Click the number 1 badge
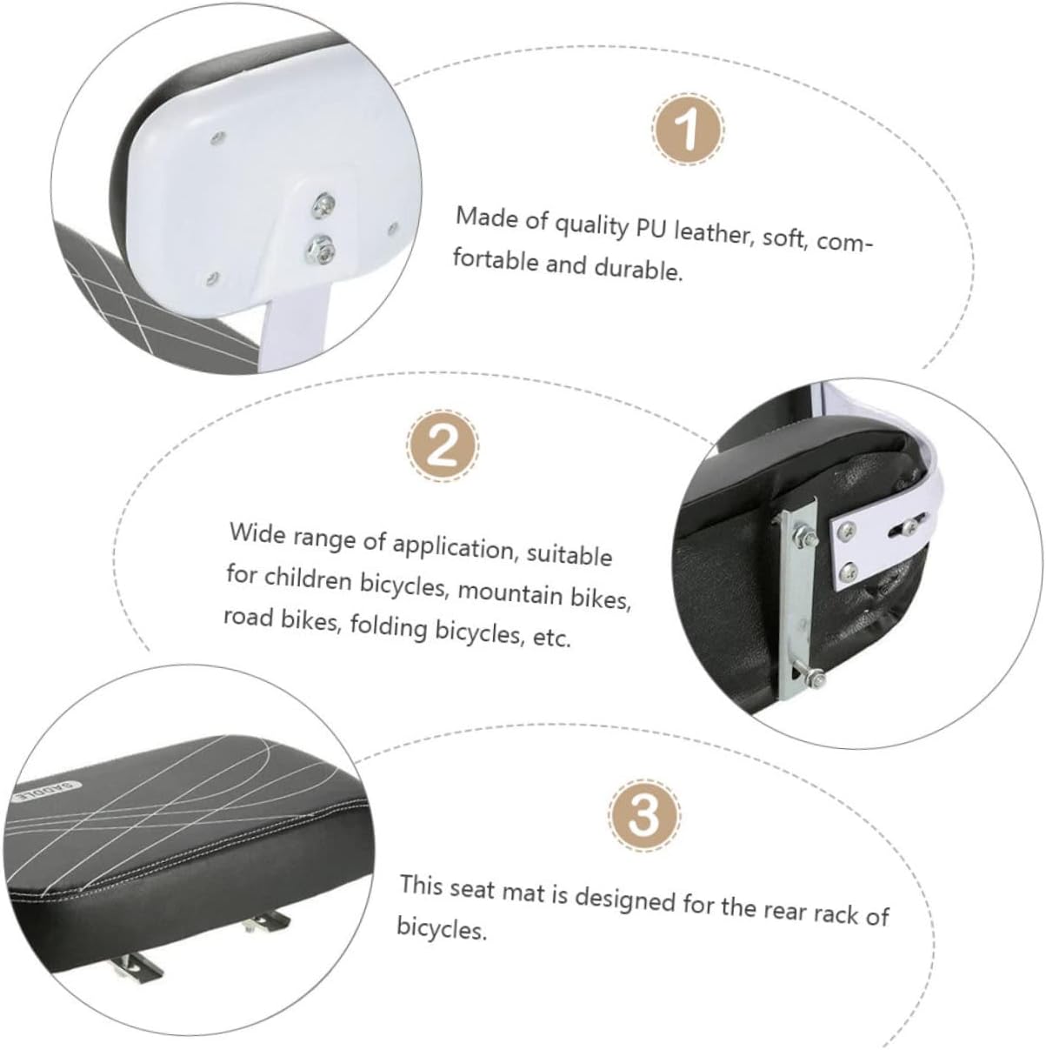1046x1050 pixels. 689,129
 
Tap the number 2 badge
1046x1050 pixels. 443,445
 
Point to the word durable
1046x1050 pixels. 638,268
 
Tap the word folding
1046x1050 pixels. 389,626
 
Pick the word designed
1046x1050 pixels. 625,901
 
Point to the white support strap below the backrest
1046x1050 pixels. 296,333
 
